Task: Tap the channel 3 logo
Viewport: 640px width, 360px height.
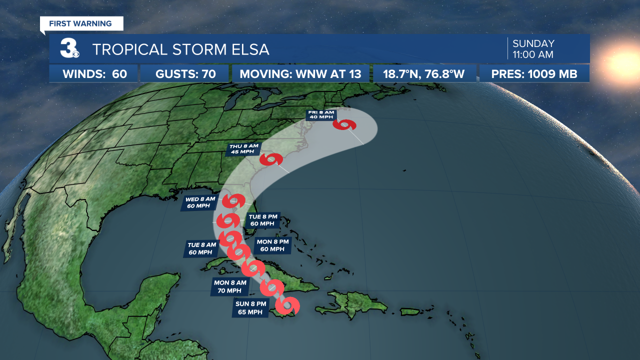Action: point(68,48)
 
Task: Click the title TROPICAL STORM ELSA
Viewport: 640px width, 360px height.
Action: point(180,49)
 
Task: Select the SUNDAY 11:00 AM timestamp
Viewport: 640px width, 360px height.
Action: point(533,49)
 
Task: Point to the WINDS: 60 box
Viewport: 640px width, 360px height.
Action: point(94,74)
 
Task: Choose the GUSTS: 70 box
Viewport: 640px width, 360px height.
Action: point(185,74)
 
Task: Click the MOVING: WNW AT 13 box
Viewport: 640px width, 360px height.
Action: point(300,74)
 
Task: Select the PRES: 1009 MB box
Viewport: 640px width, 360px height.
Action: point(534,74)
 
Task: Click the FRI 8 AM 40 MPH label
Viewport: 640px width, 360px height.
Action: point(319,115)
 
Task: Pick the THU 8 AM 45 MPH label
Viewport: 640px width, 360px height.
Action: point(242,149)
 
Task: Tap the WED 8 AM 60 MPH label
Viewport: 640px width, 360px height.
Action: point(200,202)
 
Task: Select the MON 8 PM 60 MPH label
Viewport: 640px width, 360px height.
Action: point(272,245)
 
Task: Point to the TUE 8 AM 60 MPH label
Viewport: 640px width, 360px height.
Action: point(202,248)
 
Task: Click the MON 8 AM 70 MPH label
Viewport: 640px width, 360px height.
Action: point(230,286)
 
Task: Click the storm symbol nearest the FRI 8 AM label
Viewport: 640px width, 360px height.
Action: point(345,124)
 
